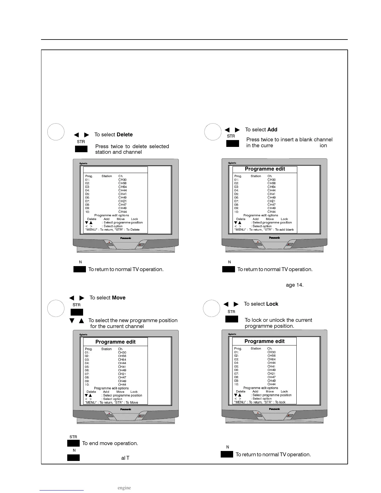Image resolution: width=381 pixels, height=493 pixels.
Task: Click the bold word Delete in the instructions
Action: click(x=125, y=135)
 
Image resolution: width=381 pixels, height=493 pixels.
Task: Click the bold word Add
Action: click(x=272, y=130)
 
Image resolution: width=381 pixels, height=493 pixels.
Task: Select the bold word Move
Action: click(x=119, y=298)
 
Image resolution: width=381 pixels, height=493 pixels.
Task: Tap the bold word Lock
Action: click(x=272, y=304)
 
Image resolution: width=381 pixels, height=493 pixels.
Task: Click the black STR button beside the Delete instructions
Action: click(x=81, y=149)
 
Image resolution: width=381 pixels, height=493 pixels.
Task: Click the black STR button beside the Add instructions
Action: click(x=233, y=143)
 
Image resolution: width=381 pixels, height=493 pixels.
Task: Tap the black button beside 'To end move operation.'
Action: click(x=73, y=444)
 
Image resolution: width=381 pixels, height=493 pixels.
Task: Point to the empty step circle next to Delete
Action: click(x=56, y=132)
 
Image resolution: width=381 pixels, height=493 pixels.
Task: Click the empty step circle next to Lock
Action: click(x=211, y=308)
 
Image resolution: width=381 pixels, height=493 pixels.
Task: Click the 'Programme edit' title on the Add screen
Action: click(x=265, y=169)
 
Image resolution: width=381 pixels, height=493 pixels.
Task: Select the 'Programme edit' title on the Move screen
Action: click(x=115, y=342)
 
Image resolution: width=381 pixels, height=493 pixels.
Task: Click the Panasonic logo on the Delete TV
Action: click(x=126, y=238)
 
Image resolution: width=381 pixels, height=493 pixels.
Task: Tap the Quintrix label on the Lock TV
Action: click(x=232, y=334)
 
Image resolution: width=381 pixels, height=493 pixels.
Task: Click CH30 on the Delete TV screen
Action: click(x=122, y=180)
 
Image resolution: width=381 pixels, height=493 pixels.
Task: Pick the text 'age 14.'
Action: click(x=294, y=285)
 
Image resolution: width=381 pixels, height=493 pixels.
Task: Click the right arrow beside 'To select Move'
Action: click(x=82, y=298)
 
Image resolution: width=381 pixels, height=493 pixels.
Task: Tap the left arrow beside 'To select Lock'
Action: click(x=226, y=304)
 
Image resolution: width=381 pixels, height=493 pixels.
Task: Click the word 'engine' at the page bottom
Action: click(x=124, y=488)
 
